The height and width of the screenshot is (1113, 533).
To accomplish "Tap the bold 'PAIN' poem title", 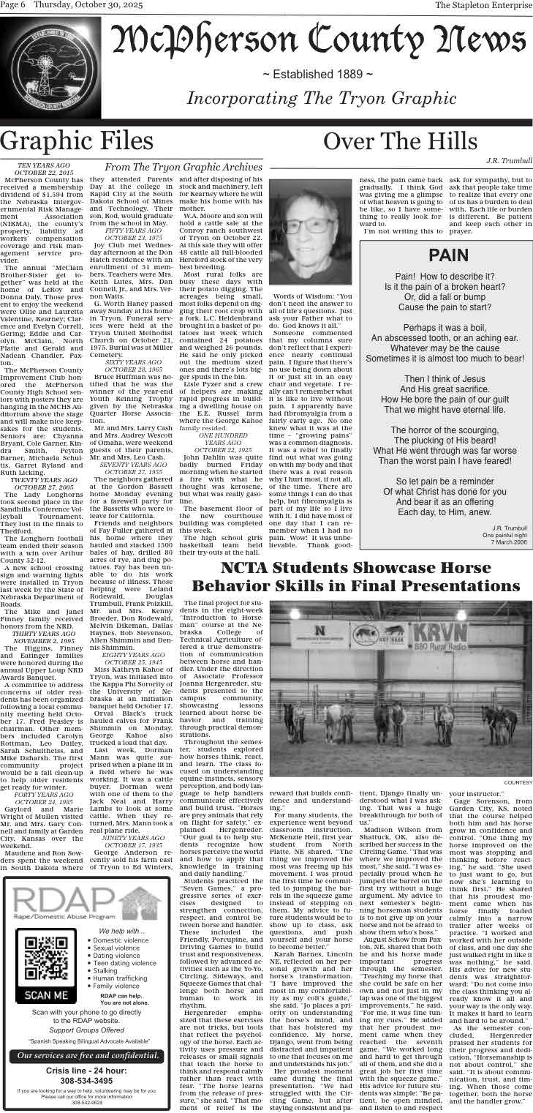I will [447, 255].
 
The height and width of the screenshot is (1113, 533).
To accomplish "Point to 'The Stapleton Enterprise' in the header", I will [483, 6].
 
